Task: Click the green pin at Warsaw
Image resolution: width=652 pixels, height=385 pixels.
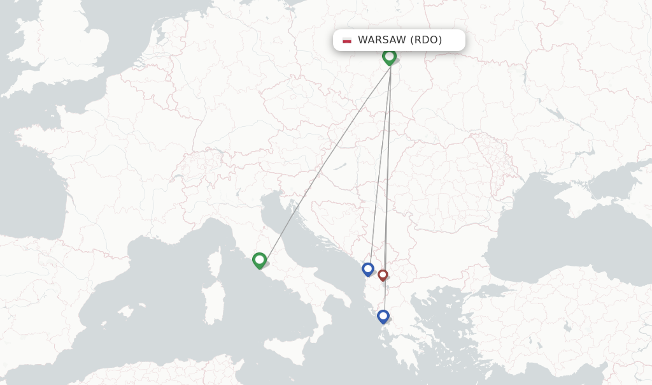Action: pos(389,57)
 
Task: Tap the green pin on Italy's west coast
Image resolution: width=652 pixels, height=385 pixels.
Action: pos(259,260)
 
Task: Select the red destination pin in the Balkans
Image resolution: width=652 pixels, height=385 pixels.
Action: pos(383,275)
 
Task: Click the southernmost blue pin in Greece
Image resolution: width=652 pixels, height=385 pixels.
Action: pos(383,316)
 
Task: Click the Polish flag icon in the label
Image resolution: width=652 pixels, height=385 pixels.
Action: pos(347,40)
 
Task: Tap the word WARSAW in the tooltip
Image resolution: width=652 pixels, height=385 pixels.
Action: pos(381,40)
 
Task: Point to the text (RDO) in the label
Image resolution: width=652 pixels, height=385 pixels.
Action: pos(426,40)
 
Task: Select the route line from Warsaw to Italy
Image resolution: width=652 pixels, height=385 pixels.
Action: pos(325,160)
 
